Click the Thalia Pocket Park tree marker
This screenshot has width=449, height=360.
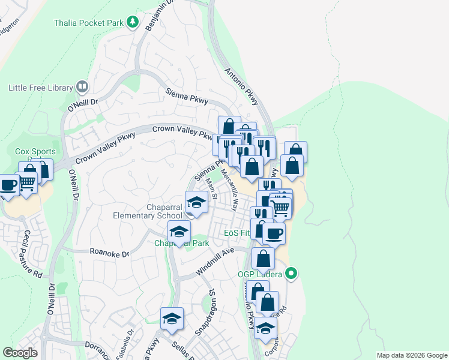[x=133, y=23]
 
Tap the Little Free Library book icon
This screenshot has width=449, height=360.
[x=82, y=88]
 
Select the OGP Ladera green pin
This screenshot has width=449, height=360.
[x=292, y=274]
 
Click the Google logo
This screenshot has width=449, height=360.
[x=20, y=353]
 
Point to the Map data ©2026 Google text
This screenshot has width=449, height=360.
[x=411, y=355]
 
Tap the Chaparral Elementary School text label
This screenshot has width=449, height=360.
[x=148, y=211]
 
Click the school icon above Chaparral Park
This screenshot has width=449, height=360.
[x=179, y=231]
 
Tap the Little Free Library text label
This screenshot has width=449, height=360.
[x=40, y=88]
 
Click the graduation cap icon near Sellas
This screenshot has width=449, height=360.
[x=172, y=318]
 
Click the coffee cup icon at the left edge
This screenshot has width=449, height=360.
[x=8, y=184]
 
